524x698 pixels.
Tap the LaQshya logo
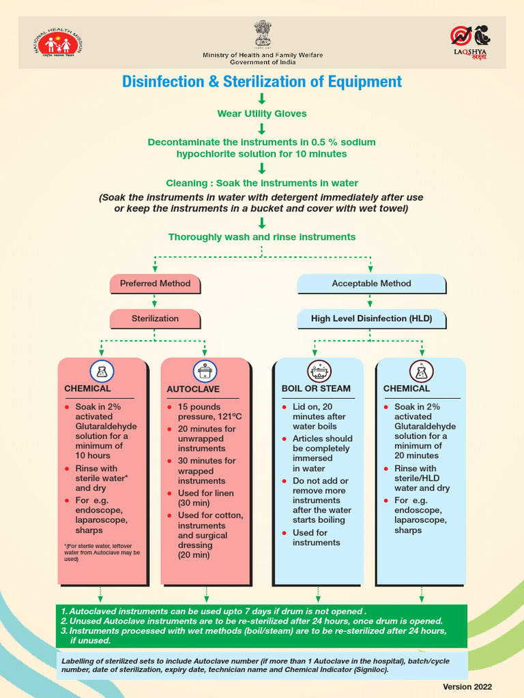click(x=471, y=42)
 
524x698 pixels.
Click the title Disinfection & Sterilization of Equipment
click(x=262, y=82)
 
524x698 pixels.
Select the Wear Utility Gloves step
click(x=262, y=114)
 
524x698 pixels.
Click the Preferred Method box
click(x=155, y=284)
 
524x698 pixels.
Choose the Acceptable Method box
click(x=371, y=284)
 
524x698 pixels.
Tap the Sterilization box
click(x=155, y=318)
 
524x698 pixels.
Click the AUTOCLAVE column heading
click(x=193, y=389)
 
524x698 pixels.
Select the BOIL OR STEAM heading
click(x=316, y=389)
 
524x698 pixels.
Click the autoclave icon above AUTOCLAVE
click(x=205, y=371)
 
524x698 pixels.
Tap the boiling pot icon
click(x=319, y=371)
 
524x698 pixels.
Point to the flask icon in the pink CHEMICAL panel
click(x=102, y=371)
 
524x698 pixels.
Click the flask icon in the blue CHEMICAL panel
click(x=421, y=371)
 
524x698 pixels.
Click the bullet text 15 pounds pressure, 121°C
click(x=209, y=412)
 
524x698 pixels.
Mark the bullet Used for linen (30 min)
click(x=205, y=498)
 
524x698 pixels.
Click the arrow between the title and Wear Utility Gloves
click(x=262, y=99)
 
